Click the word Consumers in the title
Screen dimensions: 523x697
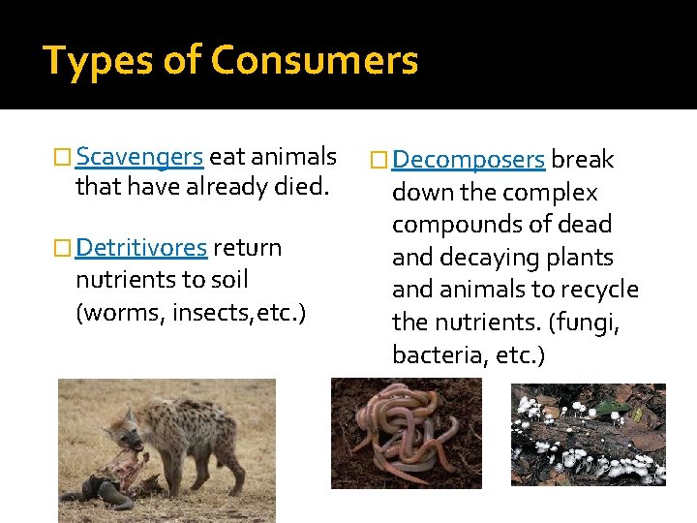[315, 60]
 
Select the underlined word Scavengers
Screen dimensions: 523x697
[138, 156]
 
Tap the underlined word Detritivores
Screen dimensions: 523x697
[140, 248]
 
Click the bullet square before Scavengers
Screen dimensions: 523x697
[64, 157]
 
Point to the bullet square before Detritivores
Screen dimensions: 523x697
[64, 249]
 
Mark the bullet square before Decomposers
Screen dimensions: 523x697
[379, 160]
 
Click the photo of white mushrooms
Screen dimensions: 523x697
[588, 434]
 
